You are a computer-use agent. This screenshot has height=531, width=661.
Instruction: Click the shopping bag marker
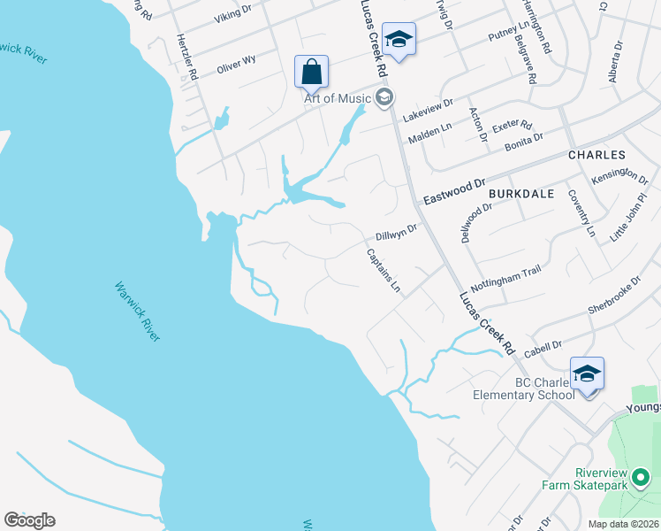coord(311,71)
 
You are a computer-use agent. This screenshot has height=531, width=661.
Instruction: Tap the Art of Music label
coord(337,98)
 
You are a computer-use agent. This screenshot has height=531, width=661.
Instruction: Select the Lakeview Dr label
coord(427,110)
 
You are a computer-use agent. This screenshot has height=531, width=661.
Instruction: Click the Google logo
coord(29,520)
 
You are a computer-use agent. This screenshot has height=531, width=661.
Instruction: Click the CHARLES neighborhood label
coord(596,154)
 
